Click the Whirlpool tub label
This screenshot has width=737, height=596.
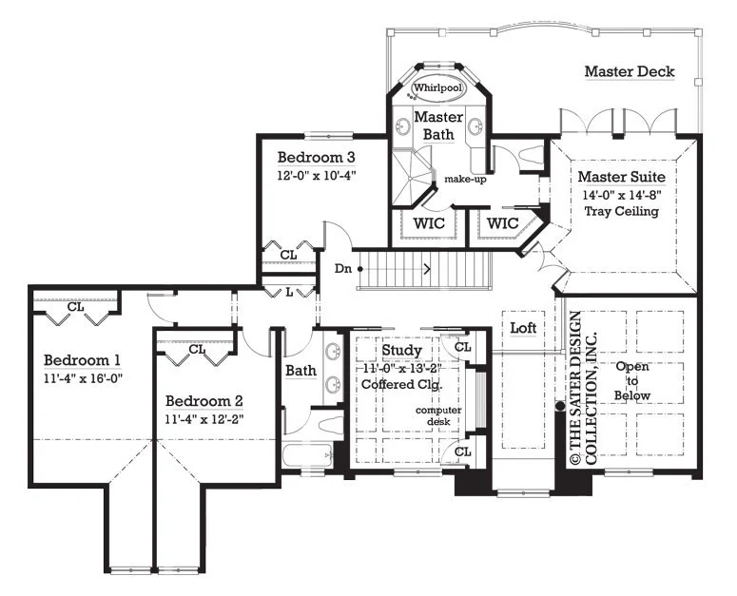pos(437,87)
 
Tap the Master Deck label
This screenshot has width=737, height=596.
pos(630,71)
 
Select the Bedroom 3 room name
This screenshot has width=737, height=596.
pos(316,157)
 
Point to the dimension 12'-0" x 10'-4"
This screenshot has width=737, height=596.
pos(316,175)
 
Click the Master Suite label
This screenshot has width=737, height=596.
pos(621,177)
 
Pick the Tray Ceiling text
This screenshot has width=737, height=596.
pos(621,211)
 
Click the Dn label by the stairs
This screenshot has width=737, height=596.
pos(342,269)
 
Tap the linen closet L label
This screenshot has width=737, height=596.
pos(289,292)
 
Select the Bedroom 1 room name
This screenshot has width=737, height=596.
pos(82,360)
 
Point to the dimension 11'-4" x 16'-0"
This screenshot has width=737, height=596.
pos(83,378)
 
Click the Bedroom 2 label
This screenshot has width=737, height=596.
pos(204,401)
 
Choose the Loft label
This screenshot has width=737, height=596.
pos(523,328)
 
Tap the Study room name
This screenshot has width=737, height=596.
pos(401,350)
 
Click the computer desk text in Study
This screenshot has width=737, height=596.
pos(438,415)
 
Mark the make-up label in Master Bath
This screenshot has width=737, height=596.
pos(465,179)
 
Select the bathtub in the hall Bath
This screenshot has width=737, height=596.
pos(308,455)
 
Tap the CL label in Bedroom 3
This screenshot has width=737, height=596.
pos(288,255)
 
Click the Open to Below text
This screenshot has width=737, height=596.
pos(632,381)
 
